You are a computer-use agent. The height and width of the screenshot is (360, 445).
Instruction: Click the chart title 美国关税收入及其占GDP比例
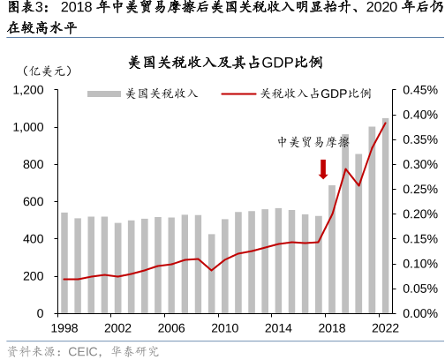(x=222, y=64)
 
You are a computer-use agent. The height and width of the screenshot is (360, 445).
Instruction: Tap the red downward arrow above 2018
(x=324, y=169)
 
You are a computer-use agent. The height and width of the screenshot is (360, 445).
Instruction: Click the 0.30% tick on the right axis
(x=419, y=165)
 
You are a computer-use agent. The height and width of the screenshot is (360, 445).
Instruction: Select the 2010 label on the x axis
(x=224, y=328)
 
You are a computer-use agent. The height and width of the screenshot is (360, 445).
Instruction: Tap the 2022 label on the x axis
(x=385, y=328)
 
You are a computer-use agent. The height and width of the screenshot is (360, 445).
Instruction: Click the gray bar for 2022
(x=385, y=216)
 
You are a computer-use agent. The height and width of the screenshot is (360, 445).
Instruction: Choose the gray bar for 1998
(x=64, y=263)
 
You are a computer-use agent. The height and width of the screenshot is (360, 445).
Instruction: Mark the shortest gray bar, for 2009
(x=211, y=274)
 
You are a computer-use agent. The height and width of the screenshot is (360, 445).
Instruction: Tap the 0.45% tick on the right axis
(x=419, y=90)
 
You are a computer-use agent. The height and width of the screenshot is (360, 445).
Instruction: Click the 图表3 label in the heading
(x=21, y=11)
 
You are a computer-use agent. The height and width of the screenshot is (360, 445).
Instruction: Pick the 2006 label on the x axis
(x=171, y=328)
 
